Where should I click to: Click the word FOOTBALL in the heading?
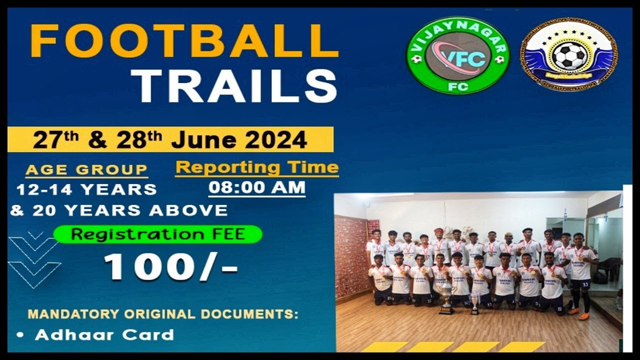click(184, 41)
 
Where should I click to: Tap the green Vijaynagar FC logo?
click(457, 55)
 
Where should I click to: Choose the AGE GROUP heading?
click(86, 170)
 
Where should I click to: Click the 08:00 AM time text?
click(257, 188)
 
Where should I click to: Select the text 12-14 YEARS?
click(86, 190)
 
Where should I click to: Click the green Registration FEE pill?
click(158, 234)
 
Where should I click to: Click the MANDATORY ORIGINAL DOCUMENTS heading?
click(163, 315)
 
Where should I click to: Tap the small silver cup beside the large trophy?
click(474, 303)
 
